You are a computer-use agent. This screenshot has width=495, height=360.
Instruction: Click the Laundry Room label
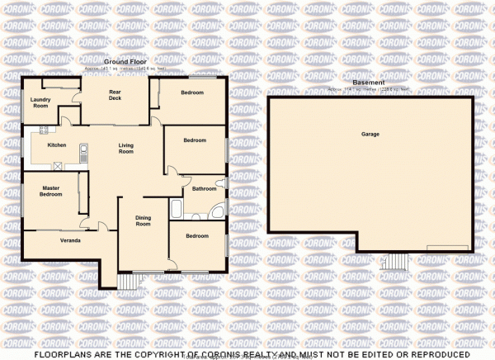[x=40, y=102]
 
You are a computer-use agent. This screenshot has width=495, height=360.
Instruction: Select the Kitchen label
[x=56, y=144]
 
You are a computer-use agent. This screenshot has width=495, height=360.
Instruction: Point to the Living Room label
[x=126, y=148]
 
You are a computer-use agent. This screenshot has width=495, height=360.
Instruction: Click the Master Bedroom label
[x=51, y=191]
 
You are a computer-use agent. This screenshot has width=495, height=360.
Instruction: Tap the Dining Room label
[x=144, y=221]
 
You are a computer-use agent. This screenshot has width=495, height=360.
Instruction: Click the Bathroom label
[x=204, y=190]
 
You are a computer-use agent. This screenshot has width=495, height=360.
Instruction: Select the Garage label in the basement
[x=370, y=134]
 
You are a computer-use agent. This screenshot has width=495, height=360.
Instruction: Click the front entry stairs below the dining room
[x=130, y=282]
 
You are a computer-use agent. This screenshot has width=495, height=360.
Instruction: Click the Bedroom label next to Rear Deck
[x=193, y=92]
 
